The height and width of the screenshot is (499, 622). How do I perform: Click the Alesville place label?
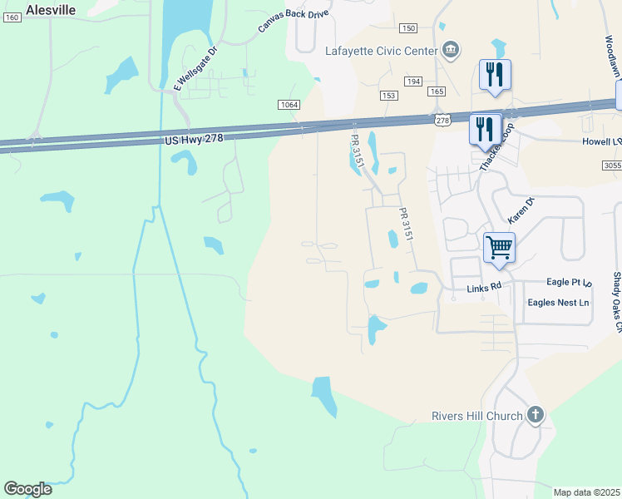point(51,10)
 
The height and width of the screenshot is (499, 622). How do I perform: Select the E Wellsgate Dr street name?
point(195,68)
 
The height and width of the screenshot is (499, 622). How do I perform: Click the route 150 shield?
point(407,28)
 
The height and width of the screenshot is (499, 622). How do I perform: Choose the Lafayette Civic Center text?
point(381,51)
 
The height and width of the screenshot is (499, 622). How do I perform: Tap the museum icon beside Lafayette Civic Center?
point(450,51)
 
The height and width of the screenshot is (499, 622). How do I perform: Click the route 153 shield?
point(388,96)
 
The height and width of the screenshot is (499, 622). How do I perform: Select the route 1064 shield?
point(289,104)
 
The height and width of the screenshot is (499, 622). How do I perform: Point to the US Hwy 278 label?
point(194,139)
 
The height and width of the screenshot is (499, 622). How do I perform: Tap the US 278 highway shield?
point(442,121)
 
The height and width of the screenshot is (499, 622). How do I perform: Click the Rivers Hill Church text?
point(477,416)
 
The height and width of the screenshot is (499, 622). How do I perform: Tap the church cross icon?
point(536,414)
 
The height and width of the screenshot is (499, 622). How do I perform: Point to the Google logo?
point(28,489)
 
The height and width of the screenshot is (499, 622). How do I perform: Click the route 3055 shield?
point(611,166)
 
